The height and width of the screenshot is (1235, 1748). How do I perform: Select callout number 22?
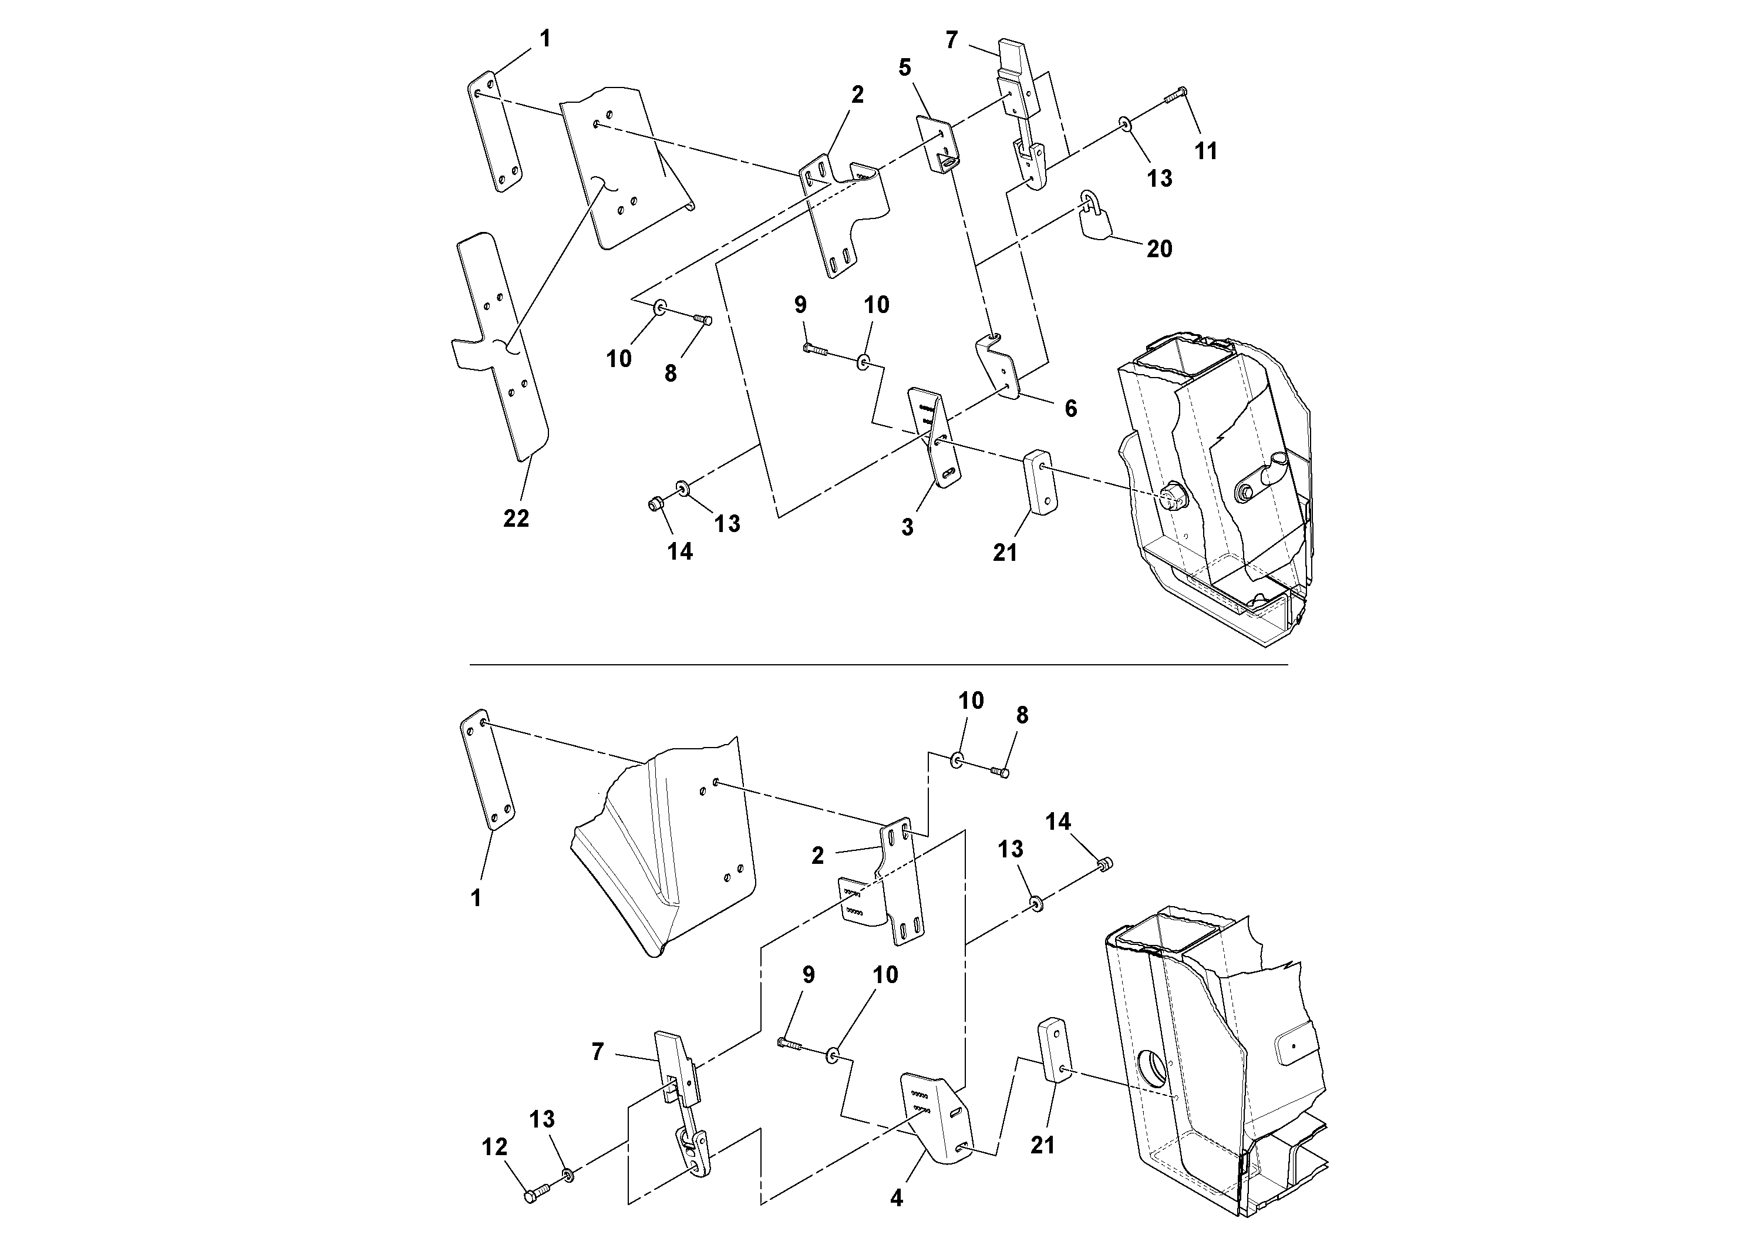pyautogui.click(x=516, y=519)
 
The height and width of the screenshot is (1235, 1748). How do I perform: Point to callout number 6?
pyautogui.click(x=1070, y=409)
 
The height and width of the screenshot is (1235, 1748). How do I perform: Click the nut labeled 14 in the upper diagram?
pyautogui.click(x=654, y=504)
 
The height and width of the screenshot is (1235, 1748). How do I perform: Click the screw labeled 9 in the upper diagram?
pyautogui.click(x=814, y=349)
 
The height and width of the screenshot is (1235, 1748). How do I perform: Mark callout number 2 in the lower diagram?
pyautogui.click(x=818, y=856)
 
